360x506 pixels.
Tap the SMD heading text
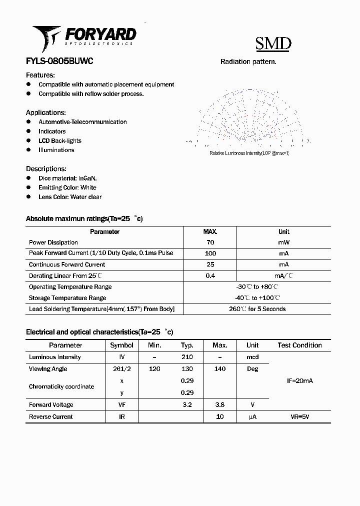click(x=273, y=44)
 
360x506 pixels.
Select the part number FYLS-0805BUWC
click(x=59, y=61)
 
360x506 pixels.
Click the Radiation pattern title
click(x=248, y=62)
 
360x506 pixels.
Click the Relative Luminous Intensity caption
click(x=249, y=153)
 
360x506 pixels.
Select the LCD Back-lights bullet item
click(x=60, y=141)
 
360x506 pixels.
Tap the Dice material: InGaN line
click(x=67, y=178)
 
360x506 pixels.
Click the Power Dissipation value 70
click(x=210, y=242)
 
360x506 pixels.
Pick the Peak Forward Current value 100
click(x=210, y=253)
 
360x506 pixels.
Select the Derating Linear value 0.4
click(x=210, y=276)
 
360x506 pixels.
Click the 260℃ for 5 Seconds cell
click(x=257, y=309)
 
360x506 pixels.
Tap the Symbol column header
click(x=121, y=345)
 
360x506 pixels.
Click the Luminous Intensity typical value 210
click(x=187, y=357)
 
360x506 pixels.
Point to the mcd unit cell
click(x=252, y=357)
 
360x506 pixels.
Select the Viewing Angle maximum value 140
click(x=219, y=369)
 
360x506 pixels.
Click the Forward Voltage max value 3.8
click(x=219, y=405)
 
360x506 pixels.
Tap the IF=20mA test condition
click(x=299, y=381)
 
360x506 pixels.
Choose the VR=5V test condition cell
click(x=299, y=417)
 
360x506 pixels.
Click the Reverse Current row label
click(x=51, y=417)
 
